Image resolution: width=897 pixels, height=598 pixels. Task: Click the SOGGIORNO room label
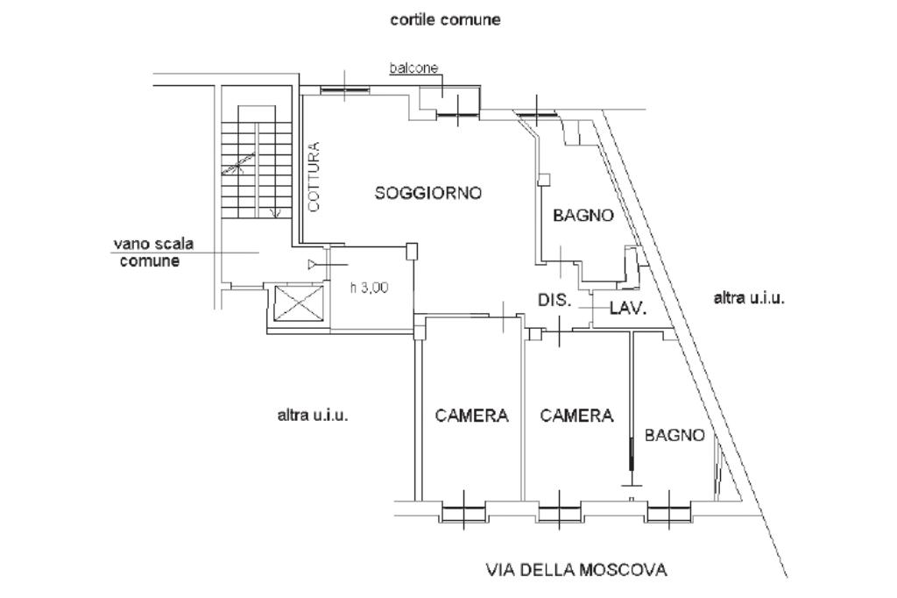pyautogui.click(x=427, y=193)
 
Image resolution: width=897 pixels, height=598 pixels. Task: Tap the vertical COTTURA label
pyautogui.click(x=314, y=177)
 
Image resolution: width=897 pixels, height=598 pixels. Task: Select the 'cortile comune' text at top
pyautogui.click(x=445, y=19)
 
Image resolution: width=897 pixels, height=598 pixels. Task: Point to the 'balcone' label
pyautogui.click(x=413, y=68)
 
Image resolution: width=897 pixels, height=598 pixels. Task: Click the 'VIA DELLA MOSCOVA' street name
pyautogui.click(x=576, y=570)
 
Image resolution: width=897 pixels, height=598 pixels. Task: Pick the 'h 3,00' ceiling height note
pyautogui.click(x=369, y=288)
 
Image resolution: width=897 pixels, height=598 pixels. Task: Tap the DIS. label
pyautogui.click(x=554, y=300)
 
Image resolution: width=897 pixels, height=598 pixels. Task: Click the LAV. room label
pyautogui.click(x=628, y=309)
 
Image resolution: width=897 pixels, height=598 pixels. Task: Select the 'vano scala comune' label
pyautogui.click(x=153, y=253)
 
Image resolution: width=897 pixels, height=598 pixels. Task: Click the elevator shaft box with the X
pyautogui.click(x=299, y=303)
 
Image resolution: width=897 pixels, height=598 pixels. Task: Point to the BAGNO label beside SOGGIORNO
pyautogui.click(x=583, y=216)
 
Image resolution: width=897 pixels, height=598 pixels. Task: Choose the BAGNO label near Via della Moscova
pyautogui.click(x=675, y=435)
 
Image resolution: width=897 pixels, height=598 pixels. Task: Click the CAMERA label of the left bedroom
pyautogui.click(x=471, y=416)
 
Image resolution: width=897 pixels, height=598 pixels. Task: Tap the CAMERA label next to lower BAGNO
pyautogui.click(x=576, y=416)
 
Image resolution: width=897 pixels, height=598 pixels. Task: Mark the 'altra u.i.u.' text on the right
pyautogui.click(x=749, y=298)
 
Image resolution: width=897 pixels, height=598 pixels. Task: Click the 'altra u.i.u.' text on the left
pyautogui.click(x=313, y=416)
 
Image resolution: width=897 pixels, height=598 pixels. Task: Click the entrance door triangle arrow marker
pyautogui.click(x=312, y=264)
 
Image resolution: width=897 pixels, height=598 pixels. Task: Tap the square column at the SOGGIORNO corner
pyautogui.click(x=412, y=250)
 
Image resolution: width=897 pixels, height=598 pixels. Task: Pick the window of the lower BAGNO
pyautogui.click(x=668, y=510)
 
